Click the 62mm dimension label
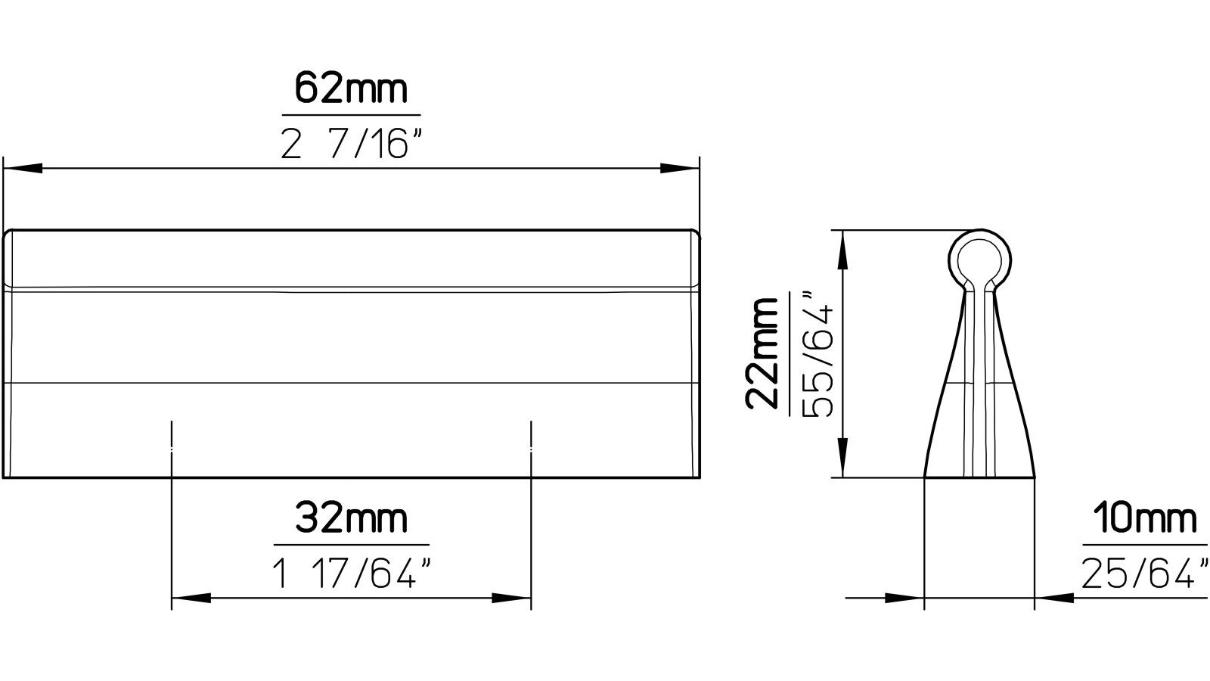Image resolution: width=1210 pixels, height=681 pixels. pyautogui.click(x=351, y=89)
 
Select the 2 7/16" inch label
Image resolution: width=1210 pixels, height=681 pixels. pyautogui.click(x=351, y=143)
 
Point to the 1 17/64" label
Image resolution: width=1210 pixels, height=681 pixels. pyautogui.click(x=351, y=576)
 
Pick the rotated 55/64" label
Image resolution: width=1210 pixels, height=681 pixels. pyautogui.click(x=816, y=353)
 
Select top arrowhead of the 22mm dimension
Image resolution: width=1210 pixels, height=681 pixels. pyautogui.click(x=841, y=250)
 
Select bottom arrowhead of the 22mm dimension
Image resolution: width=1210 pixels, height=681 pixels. pyautogui.click(x=841, y=459)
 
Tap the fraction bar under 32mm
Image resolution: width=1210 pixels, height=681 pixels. pyautogui.click(x=351, y=545)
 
